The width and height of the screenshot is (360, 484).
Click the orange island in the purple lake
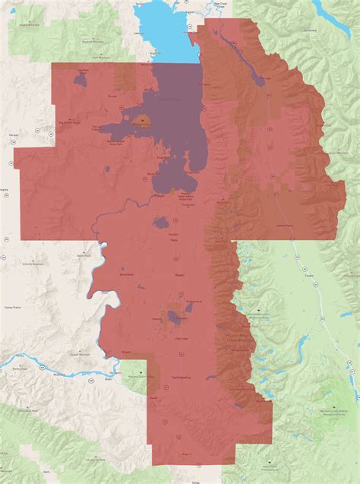point(144,120)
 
